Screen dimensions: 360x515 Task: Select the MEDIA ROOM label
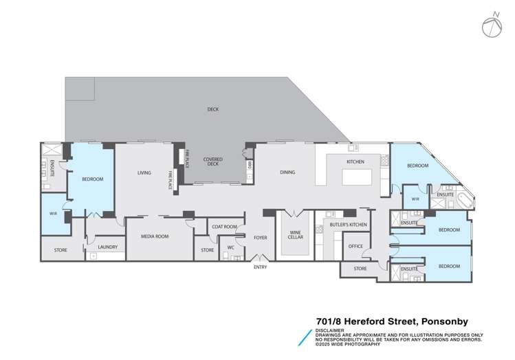click(155, 236)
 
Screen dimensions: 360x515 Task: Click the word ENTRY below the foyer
click(260, 267)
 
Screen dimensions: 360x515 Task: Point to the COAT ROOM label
click(224, 226)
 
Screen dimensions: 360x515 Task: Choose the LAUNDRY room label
click(107, 247)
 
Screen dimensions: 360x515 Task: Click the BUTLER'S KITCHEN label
click(348, 225)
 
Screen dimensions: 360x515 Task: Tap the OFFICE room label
click(355, 245)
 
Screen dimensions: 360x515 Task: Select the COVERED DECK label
click(212, 161)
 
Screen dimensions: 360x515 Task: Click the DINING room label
click(287, 172)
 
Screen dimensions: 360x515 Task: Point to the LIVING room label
click(144, 172)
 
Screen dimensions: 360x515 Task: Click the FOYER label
click(260, 238)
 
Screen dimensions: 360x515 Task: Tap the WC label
click(232, 247)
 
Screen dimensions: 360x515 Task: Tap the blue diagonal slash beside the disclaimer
click(303, 336)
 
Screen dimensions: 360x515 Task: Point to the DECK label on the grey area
click(212, 109)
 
